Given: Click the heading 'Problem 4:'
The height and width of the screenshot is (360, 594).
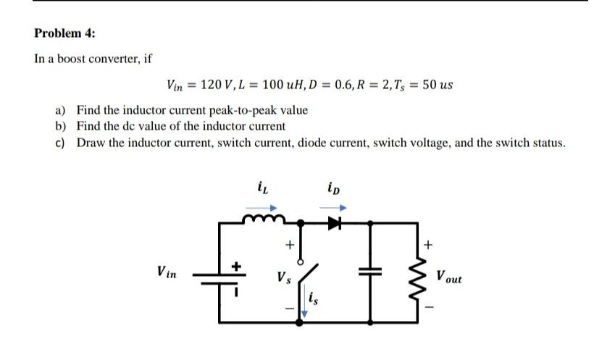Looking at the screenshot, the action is point(64,33).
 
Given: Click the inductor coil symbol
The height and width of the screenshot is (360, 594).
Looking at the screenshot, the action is point(264,219).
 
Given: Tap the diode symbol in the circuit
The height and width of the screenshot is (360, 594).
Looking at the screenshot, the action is point(335,223).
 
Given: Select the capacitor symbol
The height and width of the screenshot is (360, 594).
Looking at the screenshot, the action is point(370,271).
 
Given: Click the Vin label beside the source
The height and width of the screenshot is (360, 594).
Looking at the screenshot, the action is point(167,272).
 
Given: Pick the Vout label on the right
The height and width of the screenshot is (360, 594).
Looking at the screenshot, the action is point(449,276).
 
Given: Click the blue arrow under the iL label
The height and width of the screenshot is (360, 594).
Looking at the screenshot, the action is point(262,208).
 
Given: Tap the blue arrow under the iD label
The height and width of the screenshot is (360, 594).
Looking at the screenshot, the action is point(333,208).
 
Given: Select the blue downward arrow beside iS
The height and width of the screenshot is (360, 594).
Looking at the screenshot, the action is point(304,300).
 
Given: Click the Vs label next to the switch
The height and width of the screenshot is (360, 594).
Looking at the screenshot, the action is point(284,277).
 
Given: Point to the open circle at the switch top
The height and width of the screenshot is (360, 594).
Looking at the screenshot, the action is point(301,262).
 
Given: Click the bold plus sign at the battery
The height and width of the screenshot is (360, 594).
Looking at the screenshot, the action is point(236,267).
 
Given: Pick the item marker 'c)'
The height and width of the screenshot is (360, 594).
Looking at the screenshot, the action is point(60,143).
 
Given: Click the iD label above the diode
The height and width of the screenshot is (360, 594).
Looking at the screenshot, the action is point(334,188).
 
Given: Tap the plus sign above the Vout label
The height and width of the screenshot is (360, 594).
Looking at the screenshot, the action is point(428,245).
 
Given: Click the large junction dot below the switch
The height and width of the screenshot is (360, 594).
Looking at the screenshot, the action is point(299,322).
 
